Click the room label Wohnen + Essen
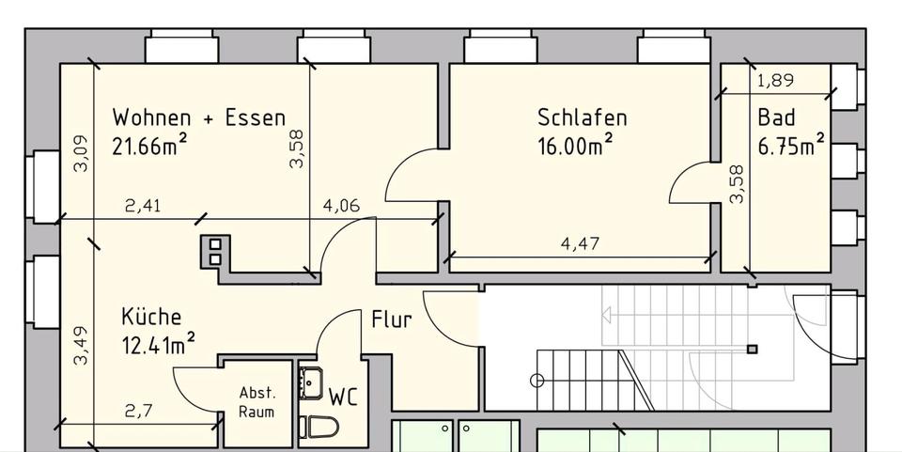(x=198, y=118)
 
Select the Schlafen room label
(x=582, y=118)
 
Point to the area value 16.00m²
(x=576, y=146)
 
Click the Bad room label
(x=776, y=118)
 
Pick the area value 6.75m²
(x=791, y=146)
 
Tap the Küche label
(x=150, y=318)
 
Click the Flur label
(x=391, y=320)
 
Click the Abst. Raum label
(x=257, y=403)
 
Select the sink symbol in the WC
(x=310, y=383)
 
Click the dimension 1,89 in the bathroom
(x=775, y=81)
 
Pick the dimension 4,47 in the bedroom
(x=580, y=244)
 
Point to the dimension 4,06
(x=341, y=207)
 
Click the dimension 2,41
(x=143, y=207)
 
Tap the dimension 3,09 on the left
(x=81, y=153)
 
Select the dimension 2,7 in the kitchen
(x=138, y=411)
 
